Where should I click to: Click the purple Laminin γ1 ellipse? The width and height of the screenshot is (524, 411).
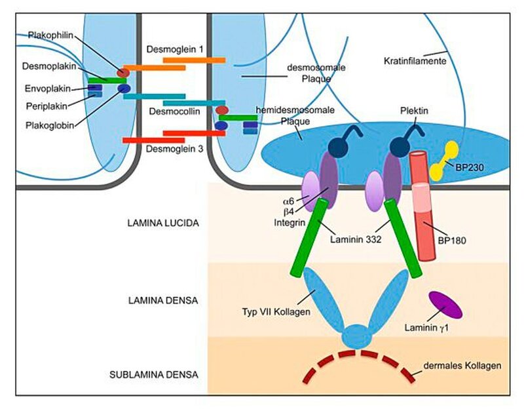pyautogui.click(x=445, y=304)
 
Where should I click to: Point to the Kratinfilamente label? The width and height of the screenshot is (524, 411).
pyautogui.click(x=415, y=61)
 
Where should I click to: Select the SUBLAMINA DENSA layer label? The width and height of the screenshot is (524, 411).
pyautogui.click(x=162, y=375)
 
